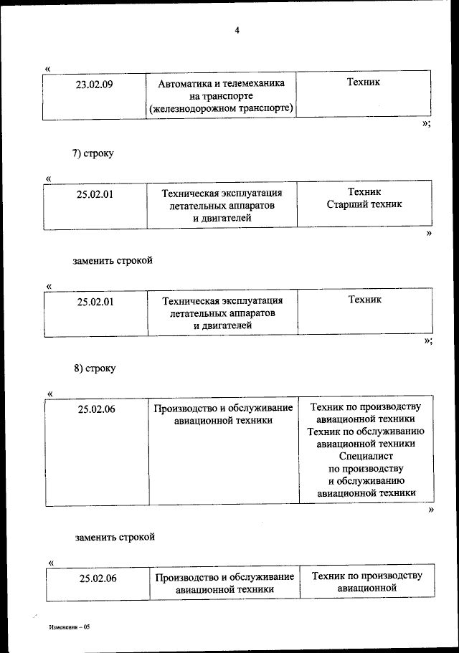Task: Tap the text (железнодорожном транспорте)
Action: click(221, 108)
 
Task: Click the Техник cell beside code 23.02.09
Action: click(364, 82)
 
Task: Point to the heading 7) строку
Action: click(93, 153)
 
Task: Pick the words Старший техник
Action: click(364, 204)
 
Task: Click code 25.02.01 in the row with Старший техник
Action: click(96, 193)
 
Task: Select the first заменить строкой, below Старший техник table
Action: click(113, 260)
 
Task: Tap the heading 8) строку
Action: click(94, 368)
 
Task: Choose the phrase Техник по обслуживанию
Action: click(366, 432)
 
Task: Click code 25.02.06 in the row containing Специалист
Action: click(97, 409)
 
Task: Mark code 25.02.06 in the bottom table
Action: click(98, 578)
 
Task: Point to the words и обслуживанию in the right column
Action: click(366, 481)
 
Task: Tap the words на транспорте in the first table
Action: click(222, 95)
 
